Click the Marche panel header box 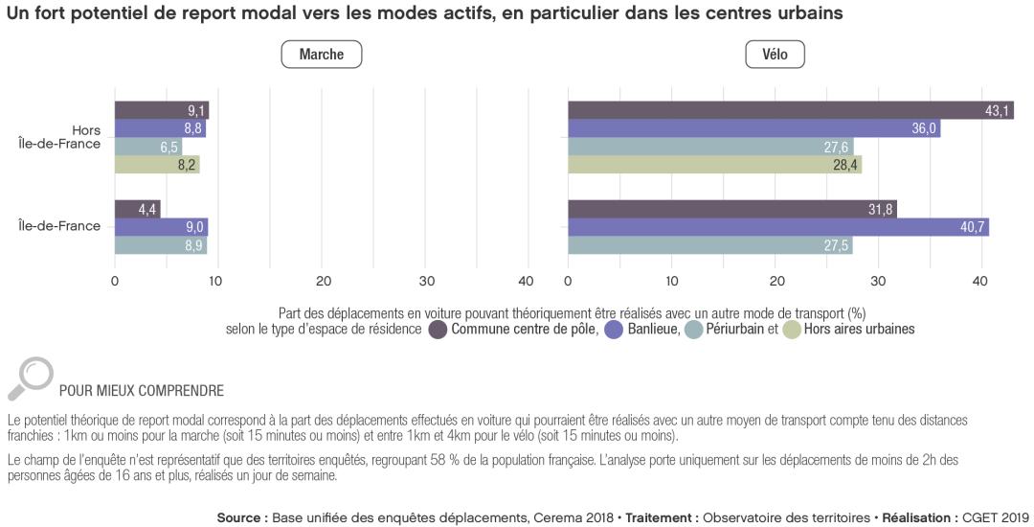321,55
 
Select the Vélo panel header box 775,55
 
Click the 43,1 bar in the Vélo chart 790,110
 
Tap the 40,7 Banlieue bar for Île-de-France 777,227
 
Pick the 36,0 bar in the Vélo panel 753,128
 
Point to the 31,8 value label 880,209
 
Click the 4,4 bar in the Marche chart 137,209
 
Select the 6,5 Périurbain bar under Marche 147,147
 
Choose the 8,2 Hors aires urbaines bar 157,165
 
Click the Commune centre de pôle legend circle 438,330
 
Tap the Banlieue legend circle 615,330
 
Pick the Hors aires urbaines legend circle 792,330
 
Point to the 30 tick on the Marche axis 427,282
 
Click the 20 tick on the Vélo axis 776,282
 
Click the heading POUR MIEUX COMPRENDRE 142,391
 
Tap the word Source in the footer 240,517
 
